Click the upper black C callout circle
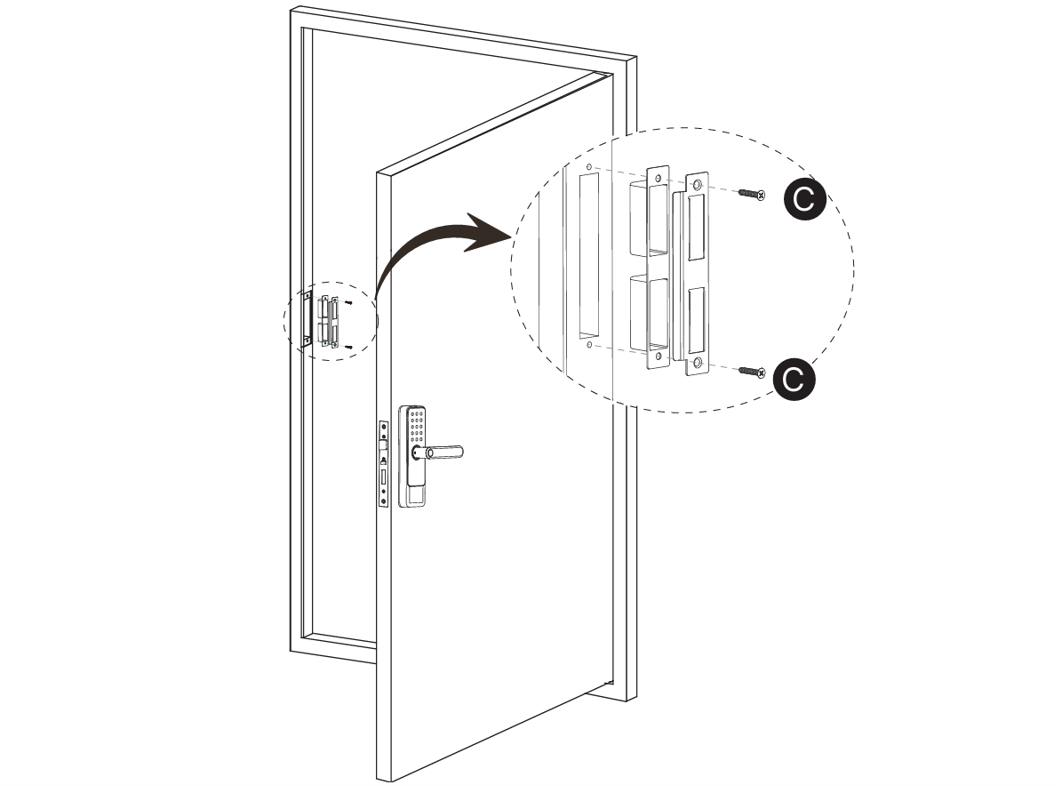[x=803, y=201]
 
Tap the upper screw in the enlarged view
[x=751, y=193]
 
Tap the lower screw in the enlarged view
[x=751, y=370]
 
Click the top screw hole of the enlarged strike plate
[x=697, y=185]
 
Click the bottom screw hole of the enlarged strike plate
[x=697, y=362]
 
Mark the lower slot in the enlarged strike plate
[x=696, y=318]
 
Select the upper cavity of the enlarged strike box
[x=649, y=218]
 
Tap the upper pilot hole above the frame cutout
[x=587, y=166]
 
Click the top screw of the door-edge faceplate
[x=383, y=427]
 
